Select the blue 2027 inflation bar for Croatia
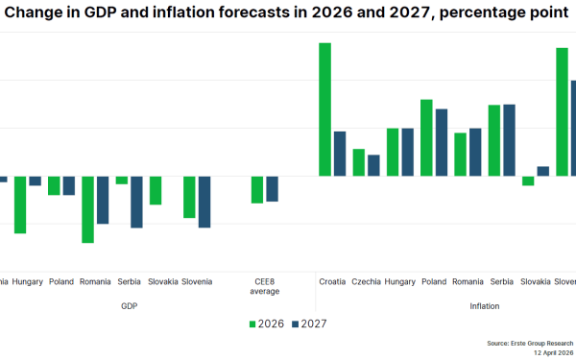coord(340,154)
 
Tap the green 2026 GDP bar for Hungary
coord(20,204)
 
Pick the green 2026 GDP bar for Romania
coord(87,209)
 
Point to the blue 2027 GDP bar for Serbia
coord(136,202)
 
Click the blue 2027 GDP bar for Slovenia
coord(204,202)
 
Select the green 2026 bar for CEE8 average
coord(256,189)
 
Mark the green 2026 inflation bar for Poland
coord(426,137)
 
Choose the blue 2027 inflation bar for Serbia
coord(509,140)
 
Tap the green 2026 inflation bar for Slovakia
coord(528,180)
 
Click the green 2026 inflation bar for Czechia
coord(359,162)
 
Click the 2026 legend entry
coord(266,324)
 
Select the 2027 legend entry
coord(309,324)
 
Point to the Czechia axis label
coord(366,282)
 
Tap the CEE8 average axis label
coord(264,286)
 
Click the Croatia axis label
coord(332,282)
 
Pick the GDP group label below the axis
coord(130,305)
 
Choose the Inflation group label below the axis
coord(485,305)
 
